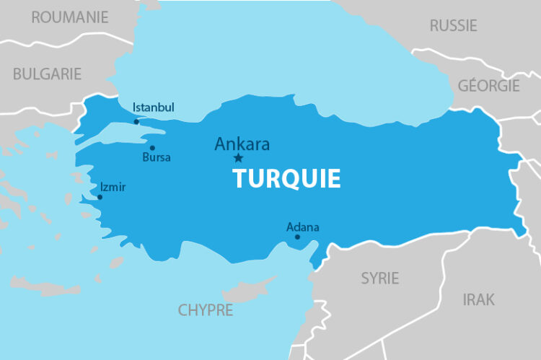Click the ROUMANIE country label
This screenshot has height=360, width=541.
(x=69, y=17)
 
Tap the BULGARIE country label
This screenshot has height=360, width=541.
(x=47, y=74)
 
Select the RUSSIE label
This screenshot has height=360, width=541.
(x=453, y=26)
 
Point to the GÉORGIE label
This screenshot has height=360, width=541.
(x=488, y=86)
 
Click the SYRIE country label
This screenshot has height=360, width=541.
(x=379, y=278)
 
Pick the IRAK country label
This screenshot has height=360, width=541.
(x=479, y=299)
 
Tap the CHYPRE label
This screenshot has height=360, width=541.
(x=206, y=310)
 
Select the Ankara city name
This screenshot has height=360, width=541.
(x=242, y=144)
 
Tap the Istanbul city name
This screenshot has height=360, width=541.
(x=154, y=107)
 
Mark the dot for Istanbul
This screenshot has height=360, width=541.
(x=136, y=122)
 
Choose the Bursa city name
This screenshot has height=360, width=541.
(x=157, y=157)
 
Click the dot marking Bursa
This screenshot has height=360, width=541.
(x=152, y=148)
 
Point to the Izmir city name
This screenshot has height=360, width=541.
(x=113, y=187)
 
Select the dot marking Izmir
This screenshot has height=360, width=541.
(x=100, y=197)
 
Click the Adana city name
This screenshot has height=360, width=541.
(x=302, y=227)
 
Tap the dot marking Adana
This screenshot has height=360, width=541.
(x=297, y=237)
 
